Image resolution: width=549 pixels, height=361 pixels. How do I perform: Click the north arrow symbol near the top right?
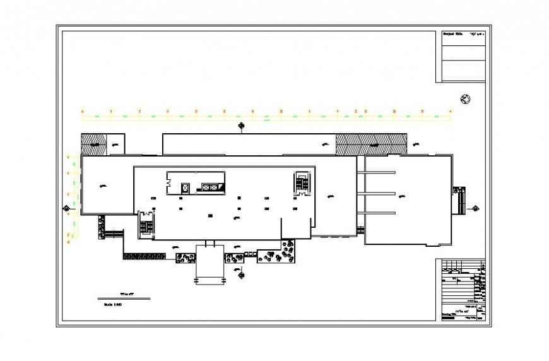pos(466,99)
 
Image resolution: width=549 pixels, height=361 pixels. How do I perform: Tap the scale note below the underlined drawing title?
pos(112,304)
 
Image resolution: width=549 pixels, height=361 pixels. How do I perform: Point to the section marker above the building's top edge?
pos(241,126)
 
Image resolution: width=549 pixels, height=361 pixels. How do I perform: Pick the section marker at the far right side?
pos(476,208)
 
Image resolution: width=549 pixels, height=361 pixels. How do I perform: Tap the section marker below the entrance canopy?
pos(239,272)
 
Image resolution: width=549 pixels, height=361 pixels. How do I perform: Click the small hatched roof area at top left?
pos(93,144)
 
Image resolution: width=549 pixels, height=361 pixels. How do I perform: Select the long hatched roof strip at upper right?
pos(371,145)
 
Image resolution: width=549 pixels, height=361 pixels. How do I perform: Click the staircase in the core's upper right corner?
pos(301,182)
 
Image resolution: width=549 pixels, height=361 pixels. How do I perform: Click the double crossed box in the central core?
pos(210,187)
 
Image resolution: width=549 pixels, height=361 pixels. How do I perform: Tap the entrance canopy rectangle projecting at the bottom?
pos(210,263)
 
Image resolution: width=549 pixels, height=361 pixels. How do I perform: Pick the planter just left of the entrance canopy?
pos(185,257)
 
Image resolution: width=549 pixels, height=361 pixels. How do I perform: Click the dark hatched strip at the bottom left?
pos(145,256)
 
